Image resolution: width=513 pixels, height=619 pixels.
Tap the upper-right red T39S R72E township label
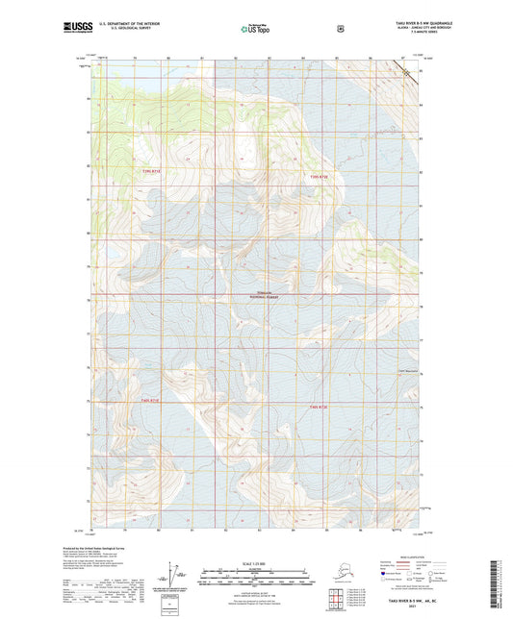(x=320, y=177)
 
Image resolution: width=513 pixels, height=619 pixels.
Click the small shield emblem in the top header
(x=340, y=28)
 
